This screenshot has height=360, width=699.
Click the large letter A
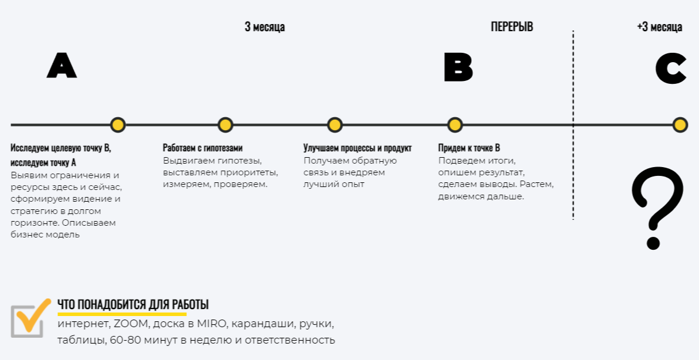(x=62, y=66)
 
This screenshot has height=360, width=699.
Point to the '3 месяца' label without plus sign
(x=265, y=27)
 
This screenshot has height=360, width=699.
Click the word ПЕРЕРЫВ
(x=512, y=27)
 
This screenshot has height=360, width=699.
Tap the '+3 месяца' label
(x=659, y=27)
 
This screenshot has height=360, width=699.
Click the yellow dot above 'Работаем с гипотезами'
(x=226, y=125)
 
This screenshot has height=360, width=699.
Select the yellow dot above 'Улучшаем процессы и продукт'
(x=335, y=125)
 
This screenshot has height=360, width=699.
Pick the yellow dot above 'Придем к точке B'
(x=455, y=125)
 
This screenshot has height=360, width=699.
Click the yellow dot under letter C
(x=680, y=125)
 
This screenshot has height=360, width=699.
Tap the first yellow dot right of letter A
(x=118, y=125)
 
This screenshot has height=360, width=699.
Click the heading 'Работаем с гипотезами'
(x=202, y=148)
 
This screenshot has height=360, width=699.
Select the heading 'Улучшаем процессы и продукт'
(x=357, y=148)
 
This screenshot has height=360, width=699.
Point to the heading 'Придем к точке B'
(x=469, y=148)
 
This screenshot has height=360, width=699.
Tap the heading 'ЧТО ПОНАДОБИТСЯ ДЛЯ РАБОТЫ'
(x=133, y=305)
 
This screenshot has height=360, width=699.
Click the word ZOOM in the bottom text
(x=129, y=324)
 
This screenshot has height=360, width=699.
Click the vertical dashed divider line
(x=573, y=176)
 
